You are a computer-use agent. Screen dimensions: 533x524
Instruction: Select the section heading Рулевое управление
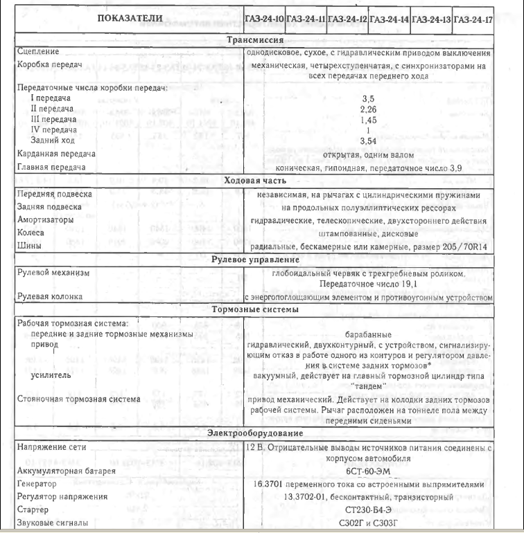pos(254,260)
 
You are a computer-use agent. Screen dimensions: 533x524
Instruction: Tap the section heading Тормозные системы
pos(254,309)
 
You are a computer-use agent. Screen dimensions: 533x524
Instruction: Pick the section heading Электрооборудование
pos(254,433)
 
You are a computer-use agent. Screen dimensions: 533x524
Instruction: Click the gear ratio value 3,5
pos(368,100)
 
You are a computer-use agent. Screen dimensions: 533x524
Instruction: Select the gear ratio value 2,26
pos(368,109)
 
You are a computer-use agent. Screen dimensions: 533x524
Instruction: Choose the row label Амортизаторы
pos(46,220)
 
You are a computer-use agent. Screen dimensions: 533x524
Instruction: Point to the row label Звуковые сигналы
pos(52,522)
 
